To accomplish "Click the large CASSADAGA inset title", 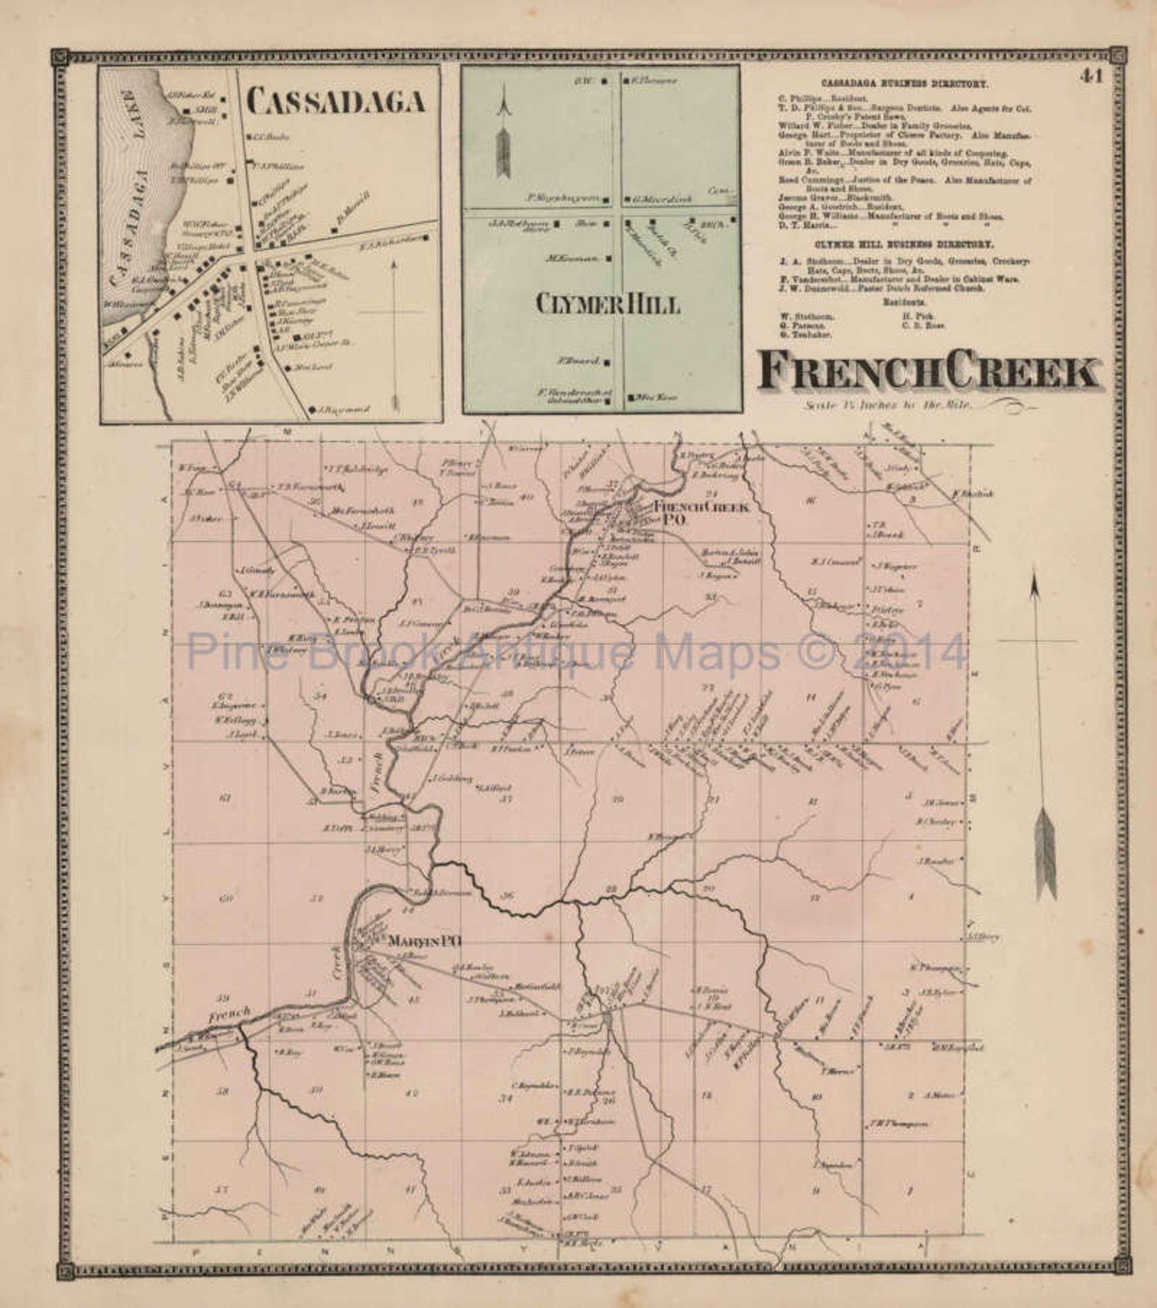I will coord(336,102).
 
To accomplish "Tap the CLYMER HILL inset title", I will coord(607,303).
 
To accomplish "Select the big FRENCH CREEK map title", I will coord(927,373).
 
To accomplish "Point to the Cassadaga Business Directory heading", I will coord(904,84).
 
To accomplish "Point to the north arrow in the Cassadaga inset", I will coord(394,335).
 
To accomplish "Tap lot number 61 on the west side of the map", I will coord(224,798).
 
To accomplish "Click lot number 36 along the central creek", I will coord(508,895).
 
